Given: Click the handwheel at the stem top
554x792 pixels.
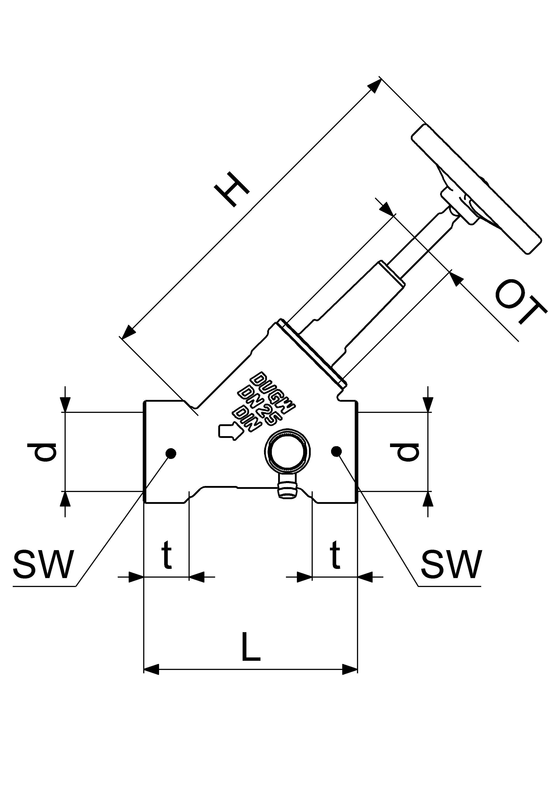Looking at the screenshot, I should (476, 190).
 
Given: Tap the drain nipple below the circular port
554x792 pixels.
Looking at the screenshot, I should (287, 490).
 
